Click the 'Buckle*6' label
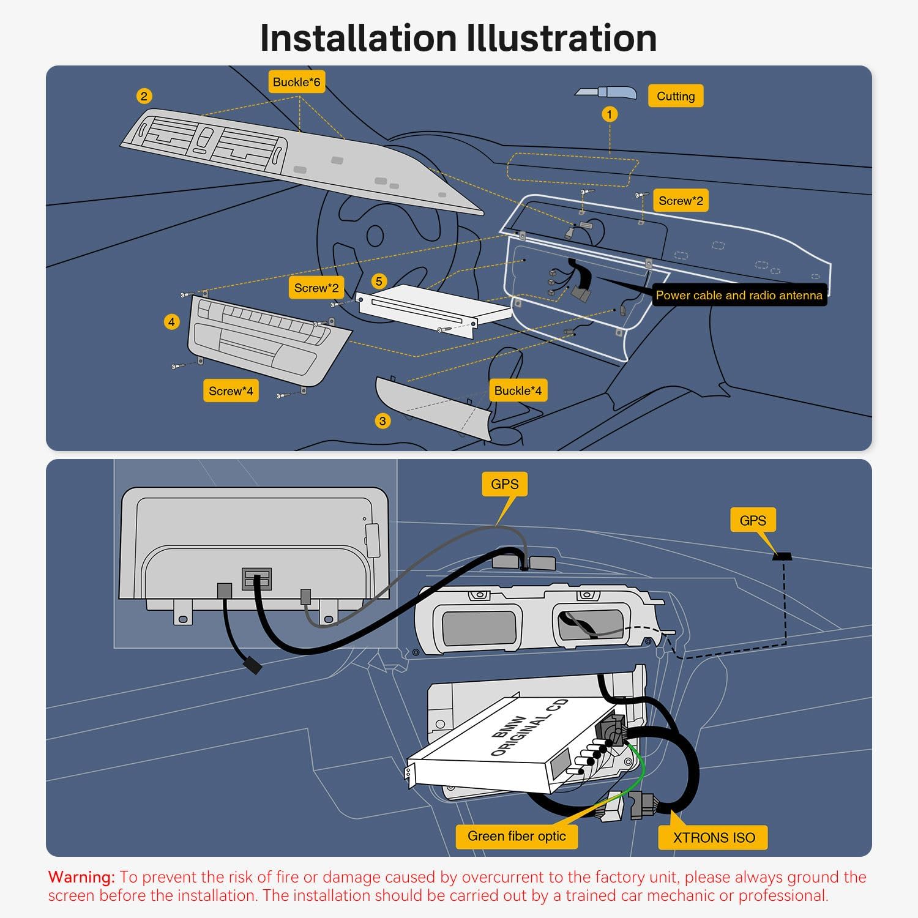296,82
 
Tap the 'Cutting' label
676,96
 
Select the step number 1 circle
609,114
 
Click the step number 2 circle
144,96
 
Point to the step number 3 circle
382,421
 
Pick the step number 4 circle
172,322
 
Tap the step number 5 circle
379,282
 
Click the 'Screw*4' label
231,391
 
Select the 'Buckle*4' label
518,391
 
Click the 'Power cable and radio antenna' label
739,295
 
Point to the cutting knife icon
605,92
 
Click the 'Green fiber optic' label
517,836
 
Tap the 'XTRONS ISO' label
714,838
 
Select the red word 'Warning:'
81,877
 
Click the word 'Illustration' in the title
561,38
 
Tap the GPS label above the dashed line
753,520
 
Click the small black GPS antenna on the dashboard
782,556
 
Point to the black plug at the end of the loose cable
252,665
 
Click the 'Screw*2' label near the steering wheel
316,288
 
